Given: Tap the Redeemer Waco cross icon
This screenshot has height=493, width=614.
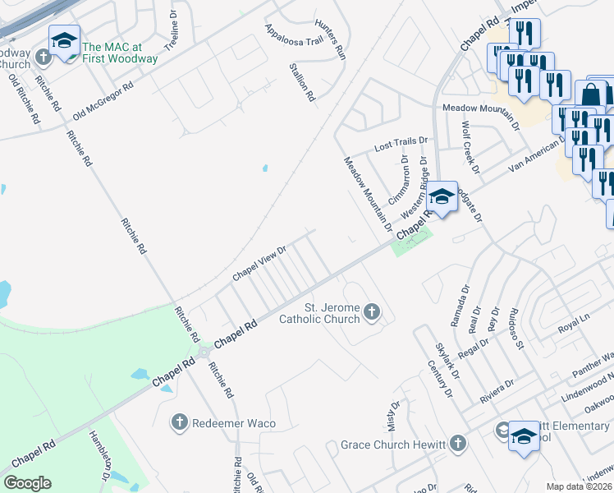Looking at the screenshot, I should (180, 422).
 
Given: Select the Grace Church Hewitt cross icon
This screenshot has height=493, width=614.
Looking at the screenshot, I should (457, 445).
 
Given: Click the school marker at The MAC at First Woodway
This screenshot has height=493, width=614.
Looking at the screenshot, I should (64, 41).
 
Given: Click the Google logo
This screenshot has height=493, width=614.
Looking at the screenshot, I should (27, 483).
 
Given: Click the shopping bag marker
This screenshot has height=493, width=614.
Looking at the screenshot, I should (591, 95).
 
